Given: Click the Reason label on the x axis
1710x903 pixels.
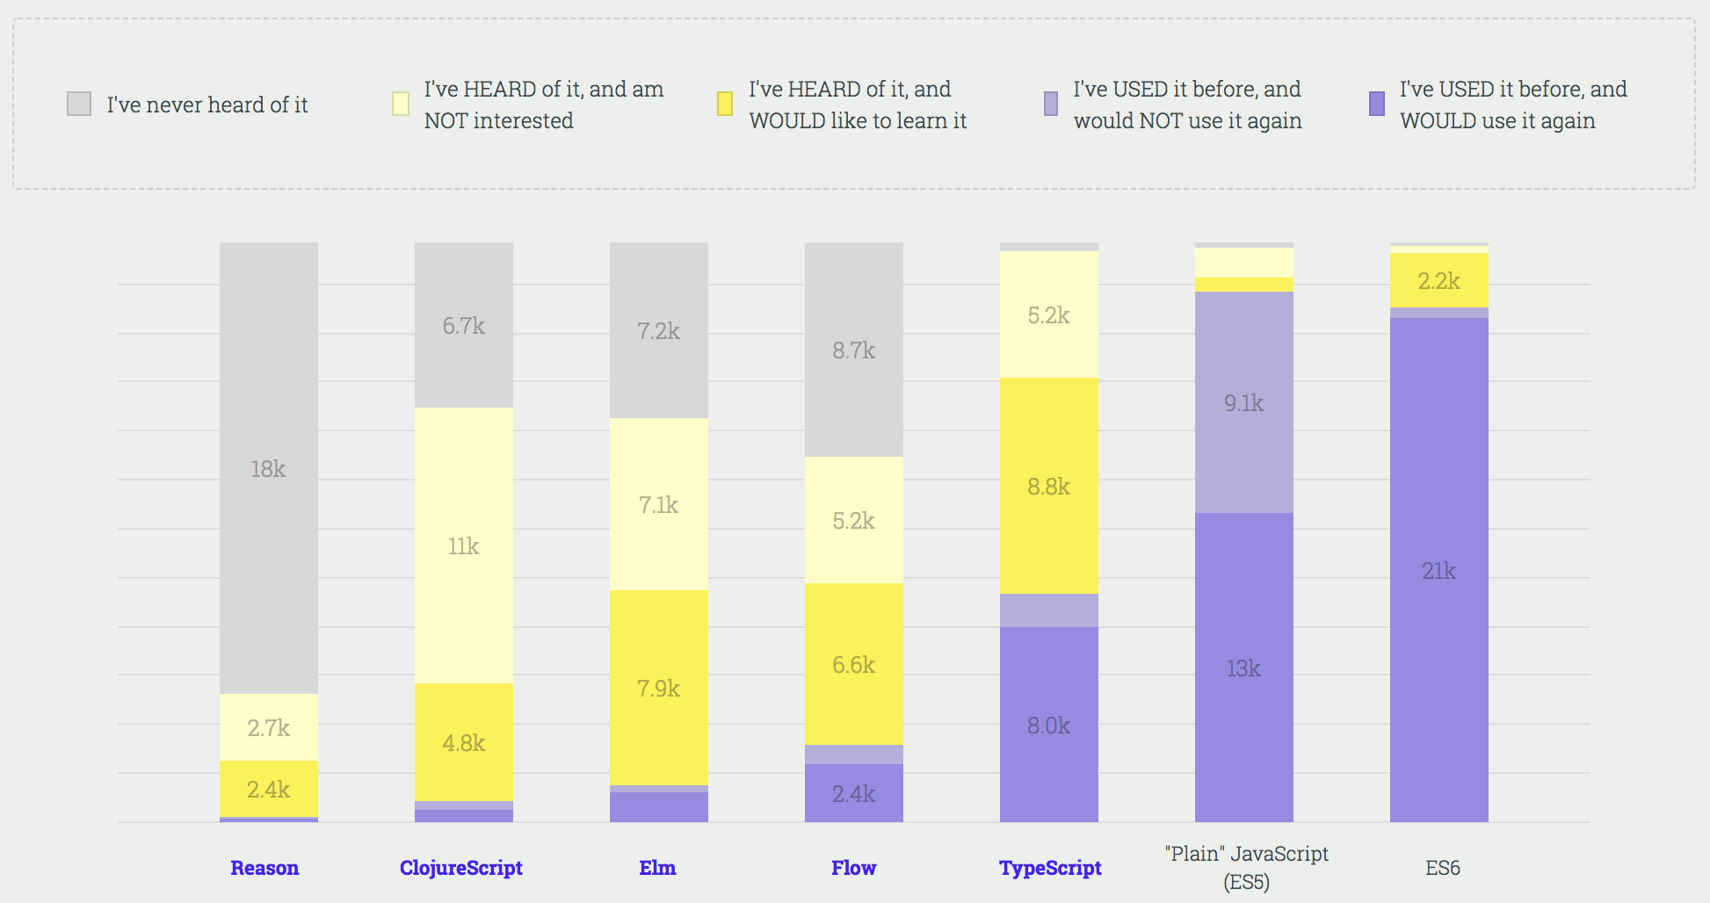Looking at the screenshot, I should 264,868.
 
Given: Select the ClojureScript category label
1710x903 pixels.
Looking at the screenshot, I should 461,868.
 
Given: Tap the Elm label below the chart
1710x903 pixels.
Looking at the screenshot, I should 657,868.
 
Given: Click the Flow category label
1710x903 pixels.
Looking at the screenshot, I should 854,868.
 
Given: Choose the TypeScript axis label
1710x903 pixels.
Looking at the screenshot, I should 1050,868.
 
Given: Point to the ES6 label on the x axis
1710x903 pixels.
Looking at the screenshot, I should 1443,868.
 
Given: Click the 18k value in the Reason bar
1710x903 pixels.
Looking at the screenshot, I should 268,469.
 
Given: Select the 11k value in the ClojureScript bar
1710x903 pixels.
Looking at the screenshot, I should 463,546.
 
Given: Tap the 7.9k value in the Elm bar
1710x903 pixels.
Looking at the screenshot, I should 659,689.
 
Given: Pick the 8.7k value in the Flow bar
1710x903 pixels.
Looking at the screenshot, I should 854,350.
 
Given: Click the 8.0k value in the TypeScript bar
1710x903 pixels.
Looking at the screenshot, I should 1049,726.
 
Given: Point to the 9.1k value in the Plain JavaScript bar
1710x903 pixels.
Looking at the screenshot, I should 1244,403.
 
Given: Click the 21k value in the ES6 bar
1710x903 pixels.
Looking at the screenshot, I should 1439,571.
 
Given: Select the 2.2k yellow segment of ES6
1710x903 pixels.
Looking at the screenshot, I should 1439,281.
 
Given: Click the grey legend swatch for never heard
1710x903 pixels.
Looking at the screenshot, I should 79,104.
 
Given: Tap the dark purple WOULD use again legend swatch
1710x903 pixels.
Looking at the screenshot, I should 1377,104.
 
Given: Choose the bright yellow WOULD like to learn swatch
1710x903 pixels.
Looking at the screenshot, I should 725,104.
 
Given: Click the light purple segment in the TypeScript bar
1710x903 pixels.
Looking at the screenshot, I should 1049,610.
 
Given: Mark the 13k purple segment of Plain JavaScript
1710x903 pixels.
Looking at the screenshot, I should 1244,668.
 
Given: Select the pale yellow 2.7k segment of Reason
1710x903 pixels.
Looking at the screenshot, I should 268,727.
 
